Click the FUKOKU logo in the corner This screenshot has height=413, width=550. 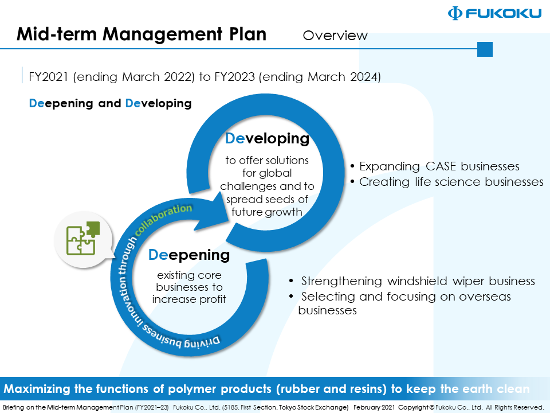[x=494, y=13]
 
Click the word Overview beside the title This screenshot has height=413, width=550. [x=335, y=36]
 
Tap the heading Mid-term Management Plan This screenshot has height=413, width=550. [x=142, y=34]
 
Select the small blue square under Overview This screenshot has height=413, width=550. [x=485, y=49]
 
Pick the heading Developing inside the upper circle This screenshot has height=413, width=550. [x=267, y=138]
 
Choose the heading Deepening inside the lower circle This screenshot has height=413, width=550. [x=189, y=254]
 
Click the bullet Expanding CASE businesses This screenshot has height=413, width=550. [x=439, y=166]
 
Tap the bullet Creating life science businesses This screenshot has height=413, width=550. [x=451, y=182]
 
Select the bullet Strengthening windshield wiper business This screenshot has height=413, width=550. [x=418, y=281]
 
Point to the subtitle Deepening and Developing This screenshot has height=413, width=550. [x=110, y=104]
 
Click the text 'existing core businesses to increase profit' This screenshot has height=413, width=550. [x=189, y=287]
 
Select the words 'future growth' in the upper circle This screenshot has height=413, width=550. [x=267, y=212]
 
